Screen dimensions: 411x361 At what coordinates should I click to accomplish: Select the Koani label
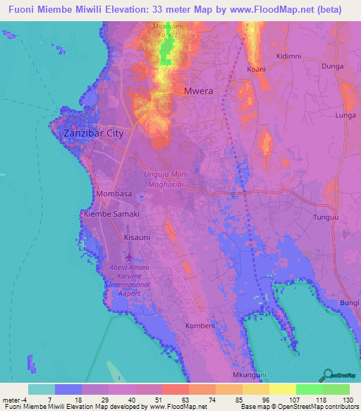point(257,69)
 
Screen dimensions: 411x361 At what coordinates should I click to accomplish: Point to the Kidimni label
point(288,56)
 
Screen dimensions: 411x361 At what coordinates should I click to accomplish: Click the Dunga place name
point(331,65)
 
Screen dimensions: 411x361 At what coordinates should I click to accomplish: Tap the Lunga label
point(345,114)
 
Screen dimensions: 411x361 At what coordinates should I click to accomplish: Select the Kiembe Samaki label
point(111,213)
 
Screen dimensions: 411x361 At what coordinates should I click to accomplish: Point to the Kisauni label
point(137,238)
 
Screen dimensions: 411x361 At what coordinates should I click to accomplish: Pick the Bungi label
point(349,303)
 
